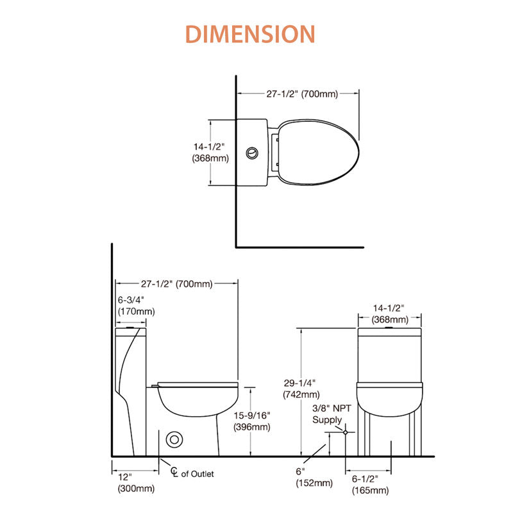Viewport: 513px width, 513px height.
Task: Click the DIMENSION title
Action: pos(250,34)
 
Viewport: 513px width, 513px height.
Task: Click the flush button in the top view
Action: pos(252,153)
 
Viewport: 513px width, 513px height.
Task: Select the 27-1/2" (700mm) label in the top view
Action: pos(301,94)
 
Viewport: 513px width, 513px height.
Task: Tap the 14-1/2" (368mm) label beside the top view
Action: pos(210,153)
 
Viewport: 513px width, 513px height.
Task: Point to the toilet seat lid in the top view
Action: pos(319,152)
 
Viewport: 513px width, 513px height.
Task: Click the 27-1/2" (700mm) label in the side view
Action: pos(177,283)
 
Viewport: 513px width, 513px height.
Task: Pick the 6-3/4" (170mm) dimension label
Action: pos(136,306)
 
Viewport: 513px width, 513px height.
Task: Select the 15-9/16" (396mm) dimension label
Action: pos(252,421)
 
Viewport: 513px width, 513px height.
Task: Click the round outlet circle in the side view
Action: pos(174,440)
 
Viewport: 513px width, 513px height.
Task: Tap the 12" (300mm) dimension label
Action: pos(136,483)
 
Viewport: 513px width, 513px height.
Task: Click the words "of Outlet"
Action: pos(198,474)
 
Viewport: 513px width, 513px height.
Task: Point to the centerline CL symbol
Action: pos(174,471)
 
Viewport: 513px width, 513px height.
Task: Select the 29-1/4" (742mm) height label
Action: pos(301,389)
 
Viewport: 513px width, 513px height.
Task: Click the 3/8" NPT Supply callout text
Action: pos(332,414)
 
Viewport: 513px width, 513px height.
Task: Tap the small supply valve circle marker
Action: pos(345,432)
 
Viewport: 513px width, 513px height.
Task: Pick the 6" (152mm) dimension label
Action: pos(314,477)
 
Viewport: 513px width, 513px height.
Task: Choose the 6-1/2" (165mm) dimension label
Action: pos(371,485)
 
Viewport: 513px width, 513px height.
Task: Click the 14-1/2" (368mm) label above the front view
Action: pos(390,314)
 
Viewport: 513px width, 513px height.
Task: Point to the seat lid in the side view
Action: pos(198,384)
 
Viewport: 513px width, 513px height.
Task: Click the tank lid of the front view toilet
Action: pos(389,332)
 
